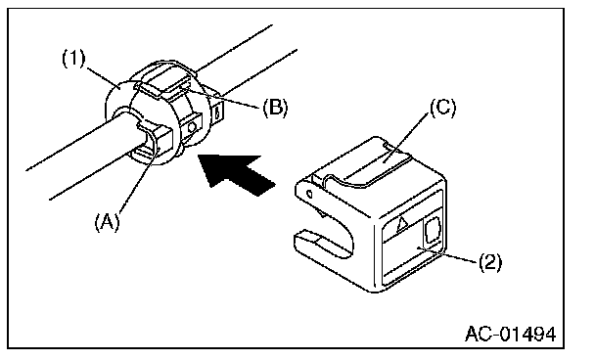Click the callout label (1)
(73, 59)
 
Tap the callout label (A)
(107, 221)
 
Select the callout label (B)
(276, 108)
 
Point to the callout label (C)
(443, 108)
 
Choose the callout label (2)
(489, 262)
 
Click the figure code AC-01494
(511, 334)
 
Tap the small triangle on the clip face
(401, 224)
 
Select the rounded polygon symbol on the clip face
(433, 230)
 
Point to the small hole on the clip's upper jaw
(309, 195)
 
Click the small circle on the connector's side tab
(192, 126)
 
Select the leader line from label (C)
(406, 138)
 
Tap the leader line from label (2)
(446, 254)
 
